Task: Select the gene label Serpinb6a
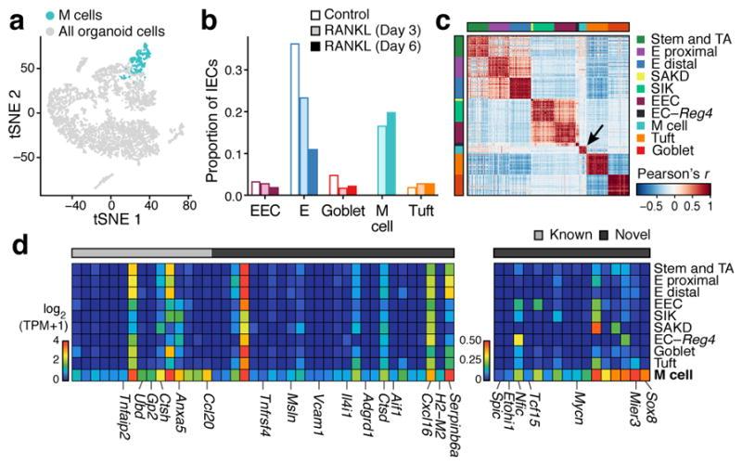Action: [x=447, y=418]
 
